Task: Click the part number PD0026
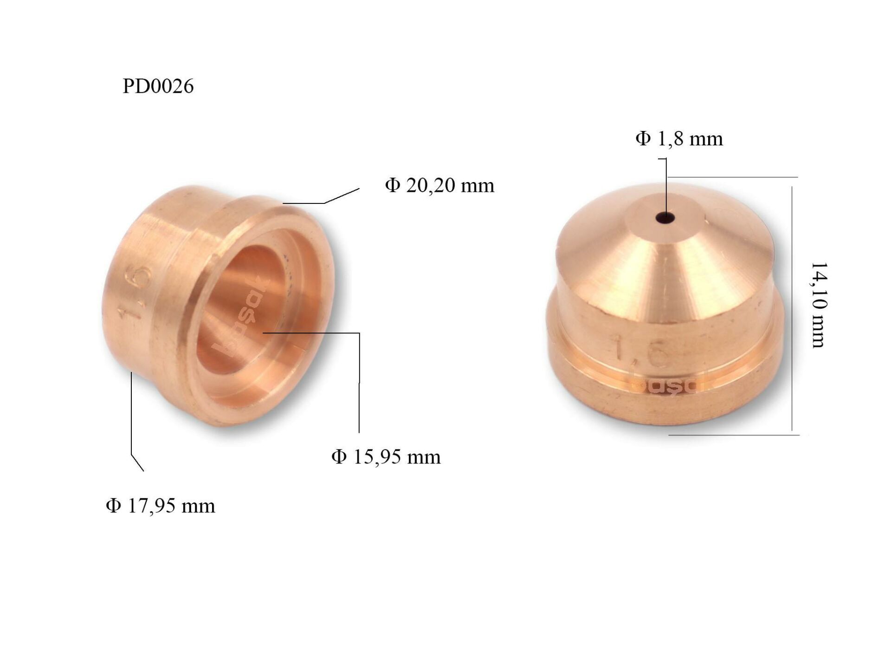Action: pos(158,86)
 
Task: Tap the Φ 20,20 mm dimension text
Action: pos(439,186)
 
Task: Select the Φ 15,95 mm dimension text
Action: pos(386,457)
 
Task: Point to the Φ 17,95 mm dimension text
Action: pos(161,506)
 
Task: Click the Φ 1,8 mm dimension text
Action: pos(679,139)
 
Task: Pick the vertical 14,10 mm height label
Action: pos(819,305)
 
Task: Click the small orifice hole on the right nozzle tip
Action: pos(665,217)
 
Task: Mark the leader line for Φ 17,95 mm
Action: pos(132,418)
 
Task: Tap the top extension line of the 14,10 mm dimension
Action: pos(733,177)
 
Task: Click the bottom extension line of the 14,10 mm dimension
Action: pos(733,435)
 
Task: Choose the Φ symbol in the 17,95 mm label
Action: pos(113,506)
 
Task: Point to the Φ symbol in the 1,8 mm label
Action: pos(643,139)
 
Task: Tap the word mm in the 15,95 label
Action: pos(423,457)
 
